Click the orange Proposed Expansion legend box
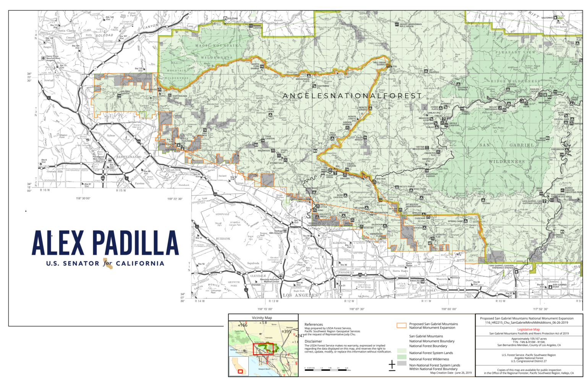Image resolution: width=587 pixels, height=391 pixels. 401,326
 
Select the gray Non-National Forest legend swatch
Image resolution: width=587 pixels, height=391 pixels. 401,364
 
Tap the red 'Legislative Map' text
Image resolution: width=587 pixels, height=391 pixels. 529,329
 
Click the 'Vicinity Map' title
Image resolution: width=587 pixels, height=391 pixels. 262,318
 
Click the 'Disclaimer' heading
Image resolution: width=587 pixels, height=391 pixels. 313,341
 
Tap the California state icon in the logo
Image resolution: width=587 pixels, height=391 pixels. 108,263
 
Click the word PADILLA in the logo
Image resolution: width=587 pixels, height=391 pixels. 136,243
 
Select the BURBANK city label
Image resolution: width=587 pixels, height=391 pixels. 223,239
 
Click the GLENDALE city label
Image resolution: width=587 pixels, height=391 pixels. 258,276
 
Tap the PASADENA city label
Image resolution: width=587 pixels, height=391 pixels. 346,272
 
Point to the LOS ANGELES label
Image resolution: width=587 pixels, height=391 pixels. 300,295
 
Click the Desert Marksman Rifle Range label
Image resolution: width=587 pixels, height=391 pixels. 411,25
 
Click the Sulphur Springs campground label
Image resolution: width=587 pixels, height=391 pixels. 463,88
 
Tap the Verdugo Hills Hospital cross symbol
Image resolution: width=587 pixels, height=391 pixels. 285,231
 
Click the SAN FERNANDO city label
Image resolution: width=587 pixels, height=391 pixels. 129,157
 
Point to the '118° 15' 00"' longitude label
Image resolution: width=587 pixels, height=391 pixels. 265,309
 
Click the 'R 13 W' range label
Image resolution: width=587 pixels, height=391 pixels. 274,301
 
